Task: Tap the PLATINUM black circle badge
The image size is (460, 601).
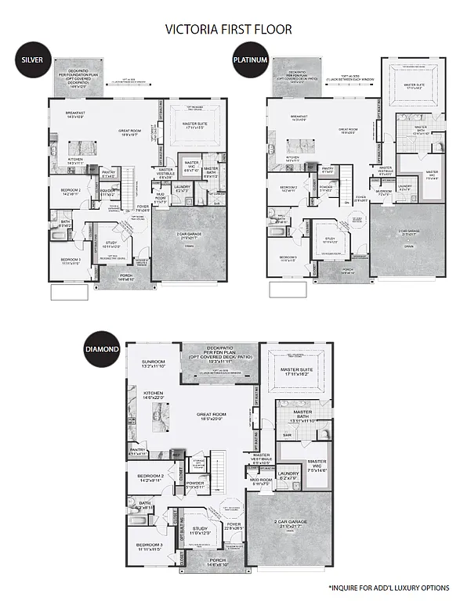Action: click(x=249, y=59)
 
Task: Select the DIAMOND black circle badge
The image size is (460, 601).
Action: click(x=102, y=348)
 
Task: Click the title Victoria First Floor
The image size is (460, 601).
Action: click(x=229, y=29)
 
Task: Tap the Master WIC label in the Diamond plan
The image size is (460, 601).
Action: click(x=317, y=464)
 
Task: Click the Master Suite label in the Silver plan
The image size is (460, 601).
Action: click(x=200, y=123)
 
